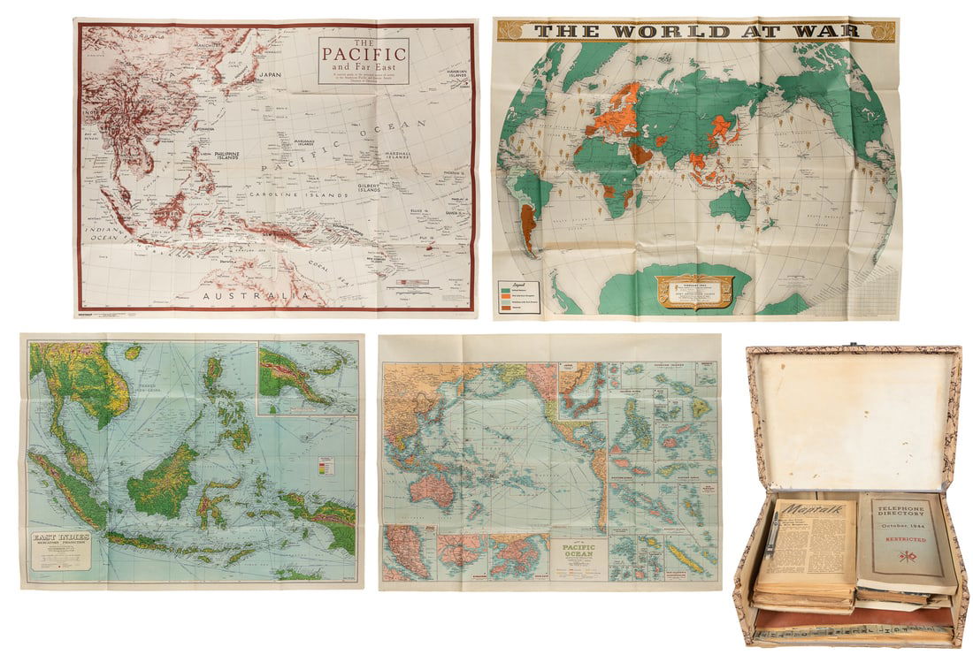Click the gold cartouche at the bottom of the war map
(694, 291)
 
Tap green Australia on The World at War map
(731, 205)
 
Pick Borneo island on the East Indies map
(164, 478)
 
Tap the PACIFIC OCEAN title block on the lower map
(577, 556)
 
